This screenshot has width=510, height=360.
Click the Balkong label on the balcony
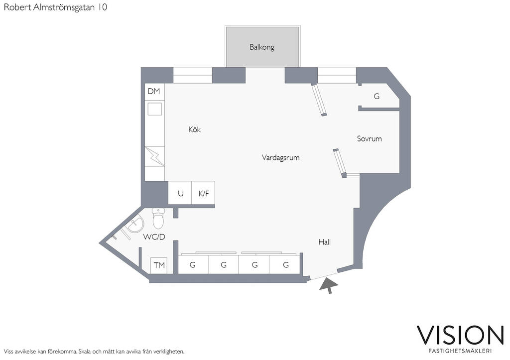tap(262, 47)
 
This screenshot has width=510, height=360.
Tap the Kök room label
tap(194, 129)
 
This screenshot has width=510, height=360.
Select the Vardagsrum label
tap(280, 157)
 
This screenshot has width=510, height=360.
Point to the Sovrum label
tap(369, 138)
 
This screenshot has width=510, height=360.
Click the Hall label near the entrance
tap(325, 242)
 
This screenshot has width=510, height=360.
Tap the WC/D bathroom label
tap(154, 237)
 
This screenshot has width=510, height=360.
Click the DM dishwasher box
tap(154, 91)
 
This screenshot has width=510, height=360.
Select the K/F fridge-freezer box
tap(204, 193)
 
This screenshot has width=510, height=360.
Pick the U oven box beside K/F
tap(180, 193)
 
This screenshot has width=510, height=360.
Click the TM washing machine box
tap(159, 265)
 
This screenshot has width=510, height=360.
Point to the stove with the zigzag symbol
tap(154, 156)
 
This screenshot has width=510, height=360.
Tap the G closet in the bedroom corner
tap(377, 97)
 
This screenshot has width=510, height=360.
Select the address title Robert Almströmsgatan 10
tap(55, 7)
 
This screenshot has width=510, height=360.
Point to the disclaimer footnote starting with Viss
tap(94, 351)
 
